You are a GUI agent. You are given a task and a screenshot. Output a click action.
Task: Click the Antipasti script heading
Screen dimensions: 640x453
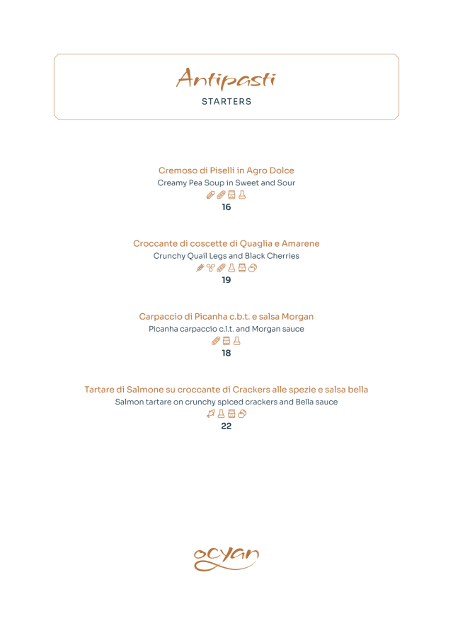(x=226, y=78)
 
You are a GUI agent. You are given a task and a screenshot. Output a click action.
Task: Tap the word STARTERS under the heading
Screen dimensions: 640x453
(x=226, y=102)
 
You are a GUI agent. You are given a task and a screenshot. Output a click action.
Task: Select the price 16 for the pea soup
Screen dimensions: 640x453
(x=226, y=207)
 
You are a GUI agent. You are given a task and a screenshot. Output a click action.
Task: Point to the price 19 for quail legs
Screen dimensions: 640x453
(x=226, y=280)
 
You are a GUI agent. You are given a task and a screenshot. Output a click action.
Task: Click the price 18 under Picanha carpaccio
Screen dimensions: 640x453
(x=226, y=353)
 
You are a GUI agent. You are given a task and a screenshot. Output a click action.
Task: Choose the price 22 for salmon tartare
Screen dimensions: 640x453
(x=226, y=426)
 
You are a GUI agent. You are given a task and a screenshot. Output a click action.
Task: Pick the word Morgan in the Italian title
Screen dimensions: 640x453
(x=297, y=316)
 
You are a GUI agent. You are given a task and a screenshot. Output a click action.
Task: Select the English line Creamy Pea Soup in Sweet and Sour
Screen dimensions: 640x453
(x=226, y=182)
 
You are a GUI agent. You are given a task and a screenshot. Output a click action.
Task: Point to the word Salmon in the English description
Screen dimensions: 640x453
(x=129, y=402)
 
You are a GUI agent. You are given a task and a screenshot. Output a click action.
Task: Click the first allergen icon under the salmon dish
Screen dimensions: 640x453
(x=210, y=414)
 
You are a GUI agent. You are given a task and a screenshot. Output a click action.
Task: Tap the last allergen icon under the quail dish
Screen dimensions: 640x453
(x=253, y=268)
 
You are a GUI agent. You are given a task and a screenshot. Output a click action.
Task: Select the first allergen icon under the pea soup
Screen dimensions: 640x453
(x=210, y=194)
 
